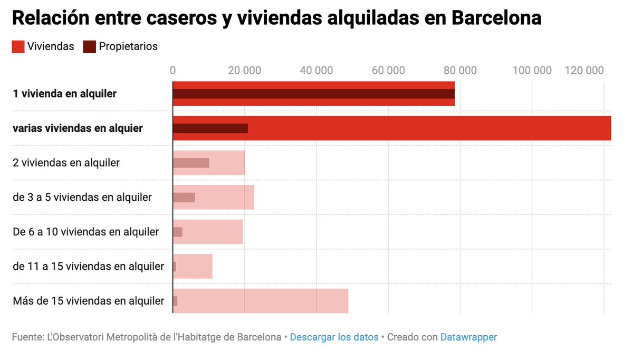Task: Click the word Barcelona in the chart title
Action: click(496, 18)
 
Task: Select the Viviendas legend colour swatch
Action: click(18, 46)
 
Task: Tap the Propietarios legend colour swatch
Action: click(89, 46)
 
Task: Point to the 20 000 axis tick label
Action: click(245, 71)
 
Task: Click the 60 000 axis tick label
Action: click(388, 71)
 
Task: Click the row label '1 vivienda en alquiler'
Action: click(64, 94)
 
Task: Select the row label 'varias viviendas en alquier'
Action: click(78, 128)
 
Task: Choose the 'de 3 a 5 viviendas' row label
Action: click(82, 197)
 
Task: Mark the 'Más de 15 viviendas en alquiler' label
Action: click(88, 301)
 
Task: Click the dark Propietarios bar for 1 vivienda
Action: click(313, 94)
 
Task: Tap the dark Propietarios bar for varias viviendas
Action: click(210, 128)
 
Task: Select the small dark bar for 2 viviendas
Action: click(191, 163)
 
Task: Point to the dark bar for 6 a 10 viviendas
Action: click(178, 232)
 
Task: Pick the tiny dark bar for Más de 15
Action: click(175, 301)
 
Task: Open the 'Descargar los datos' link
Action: click(334, 337)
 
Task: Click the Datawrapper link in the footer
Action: click(468, 337)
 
